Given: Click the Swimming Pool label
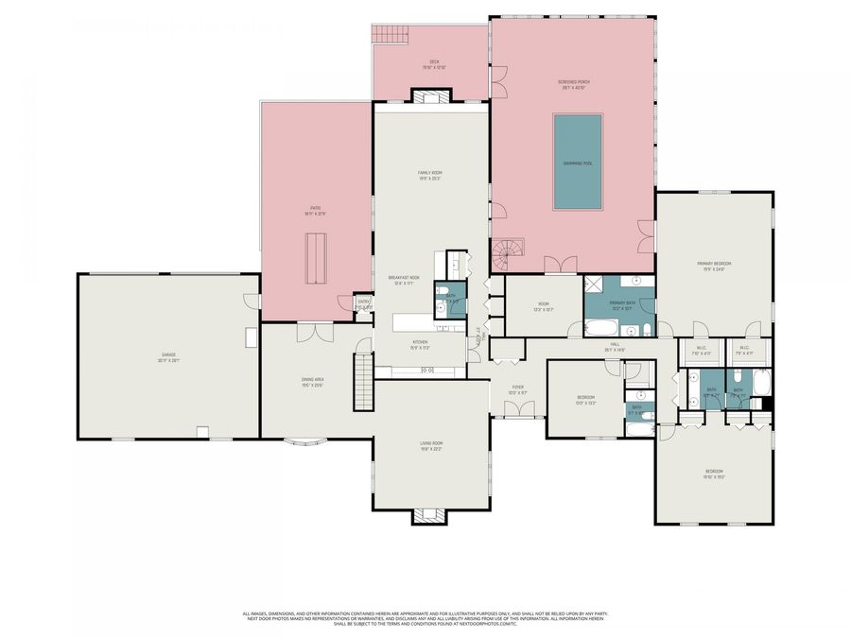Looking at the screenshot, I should tap(578, 164).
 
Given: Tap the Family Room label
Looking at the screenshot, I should tap(430, 174).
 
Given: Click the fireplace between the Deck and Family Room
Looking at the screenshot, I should tap(431, 95).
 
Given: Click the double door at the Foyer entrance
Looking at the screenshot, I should tap(518, 409).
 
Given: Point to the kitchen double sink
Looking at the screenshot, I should tap(426, 371).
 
